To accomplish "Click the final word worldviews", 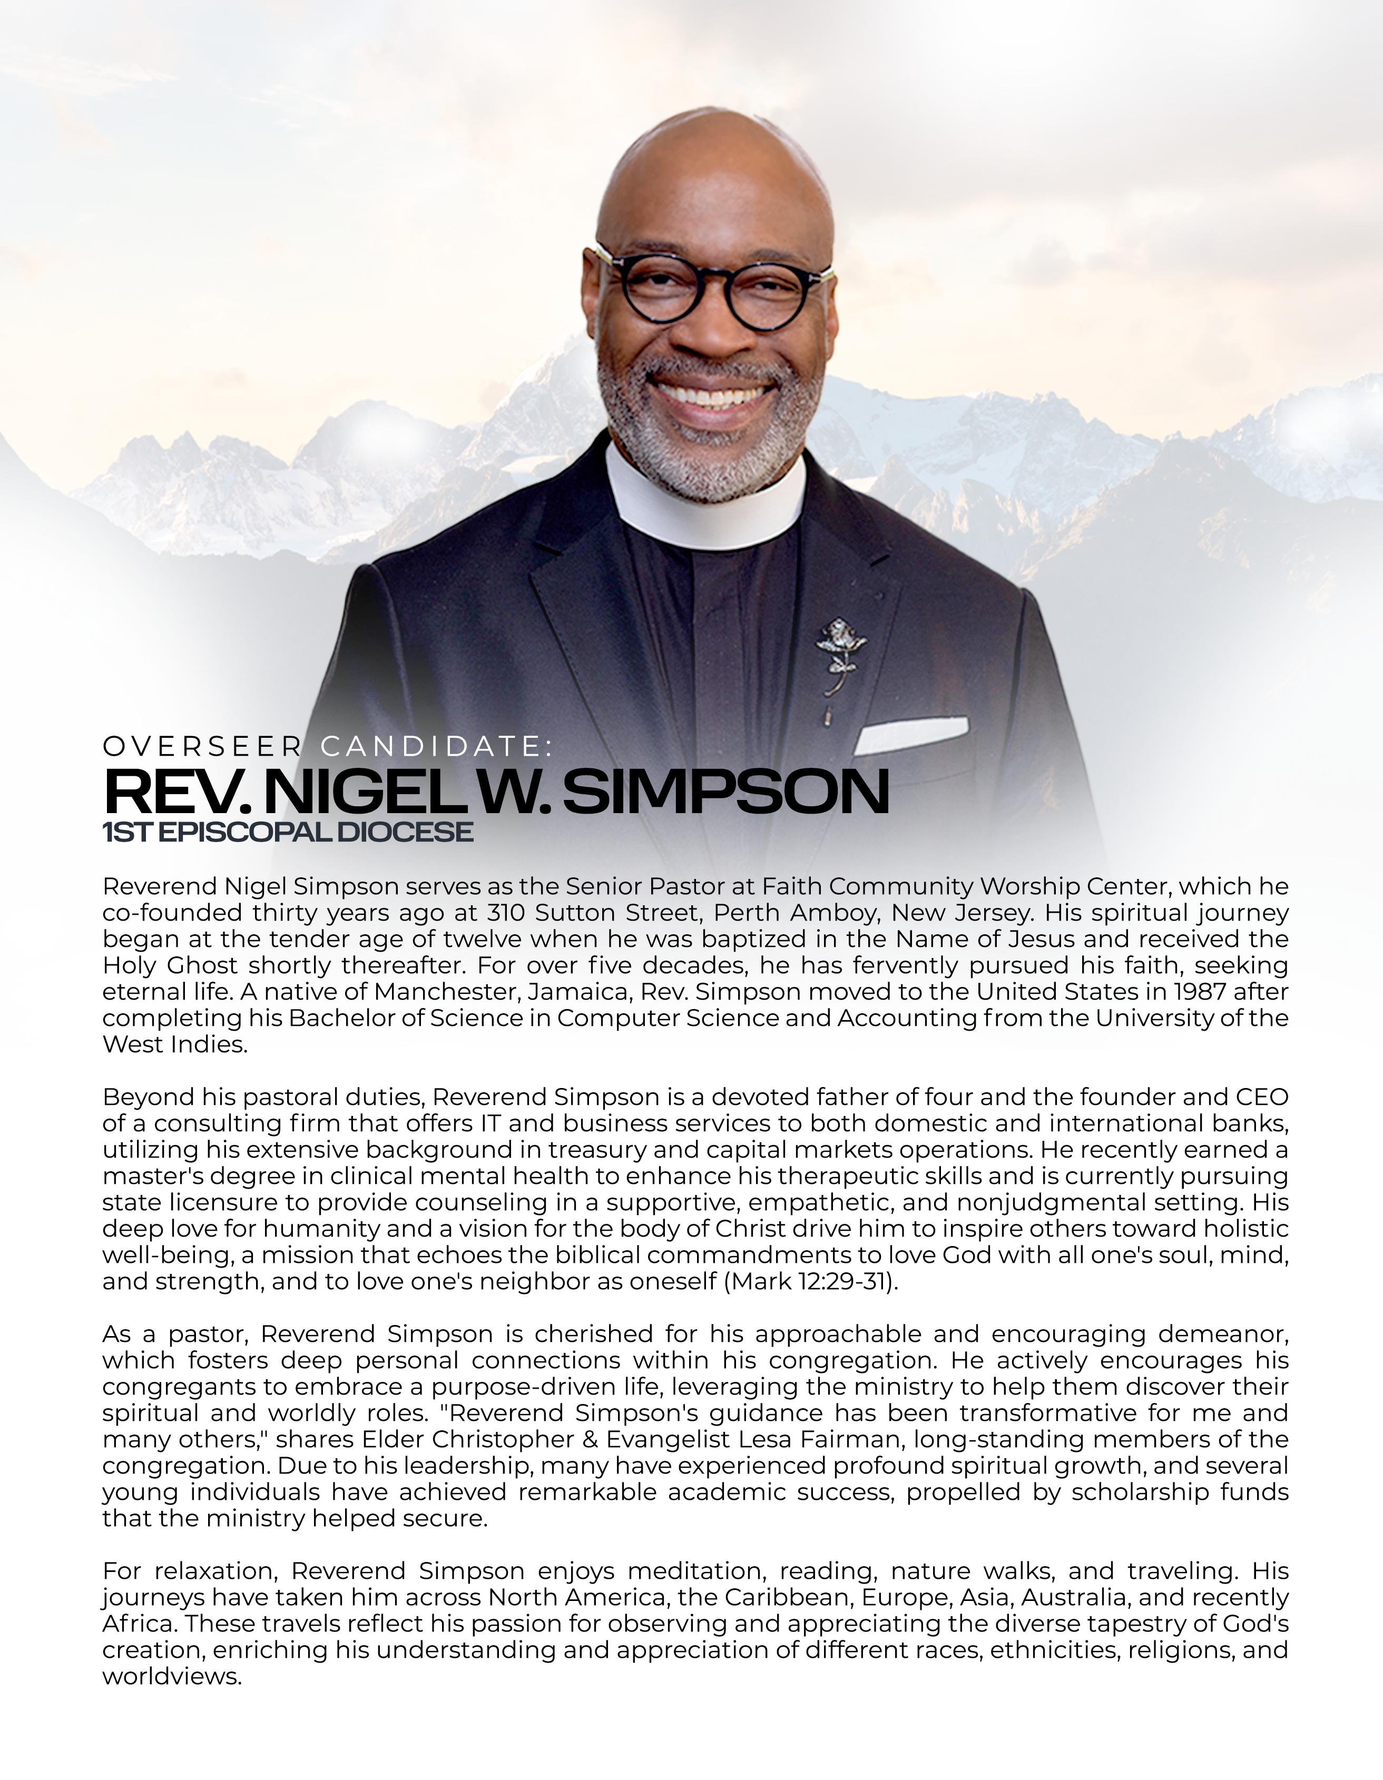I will pyautogui.click(x=172, y=1676).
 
